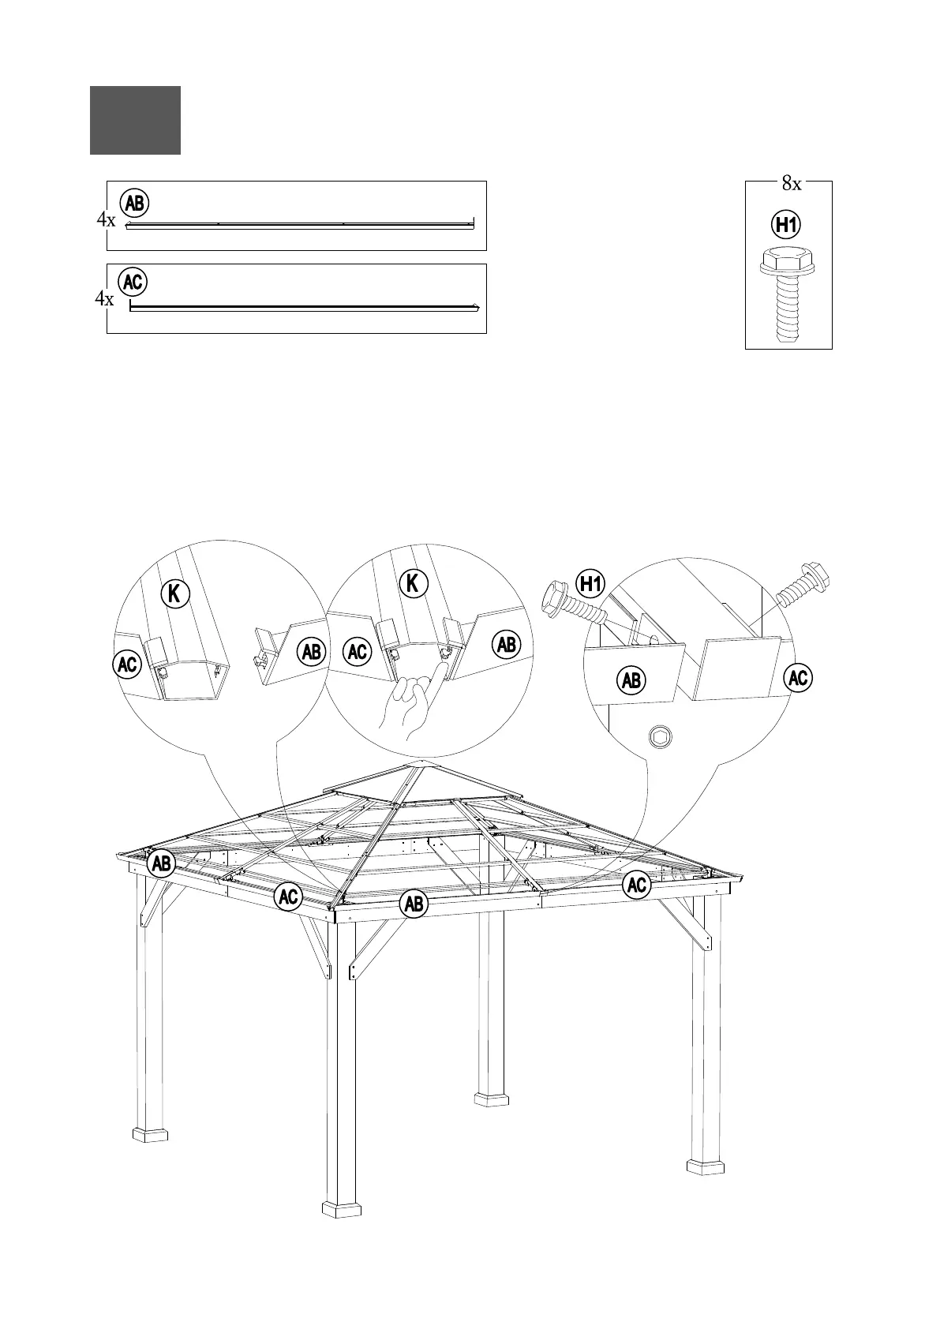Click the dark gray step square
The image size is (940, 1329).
pos(135,120)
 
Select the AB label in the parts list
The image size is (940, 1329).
pos(135,204)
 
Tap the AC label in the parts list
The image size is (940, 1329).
pos(133,282)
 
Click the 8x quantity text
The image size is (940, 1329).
pos(791,185)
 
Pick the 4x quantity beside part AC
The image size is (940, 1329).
pos(104,300)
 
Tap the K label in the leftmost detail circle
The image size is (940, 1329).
pos(176,593)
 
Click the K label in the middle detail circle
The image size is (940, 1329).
pos(413,583)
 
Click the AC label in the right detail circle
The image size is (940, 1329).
pos(799,678)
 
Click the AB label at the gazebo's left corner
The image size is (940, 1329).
pos(162,863)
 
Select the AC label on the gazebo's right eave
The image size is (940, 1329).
pos(637,885)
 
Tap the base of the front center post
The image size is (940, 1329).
pos(342,1230)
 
